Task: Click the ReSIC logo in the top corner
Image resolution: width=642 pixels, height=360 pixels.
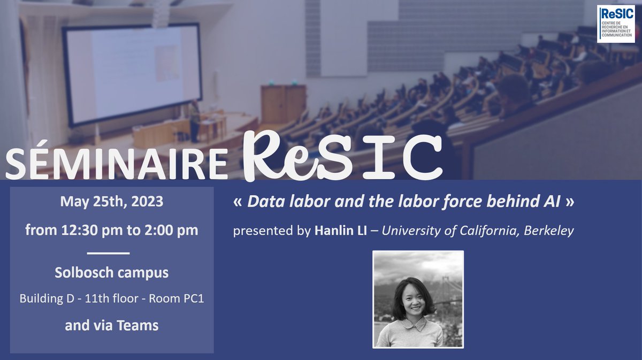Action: (616, 24)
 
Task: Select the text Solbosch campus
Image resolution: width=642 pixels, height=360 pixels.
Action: (111, 272)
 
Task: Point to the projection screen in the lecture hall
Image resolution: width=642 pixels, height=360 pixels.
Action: (132, 75)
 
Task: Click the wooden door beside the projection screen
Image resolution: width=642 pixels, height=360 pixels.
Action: (283, 105)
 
